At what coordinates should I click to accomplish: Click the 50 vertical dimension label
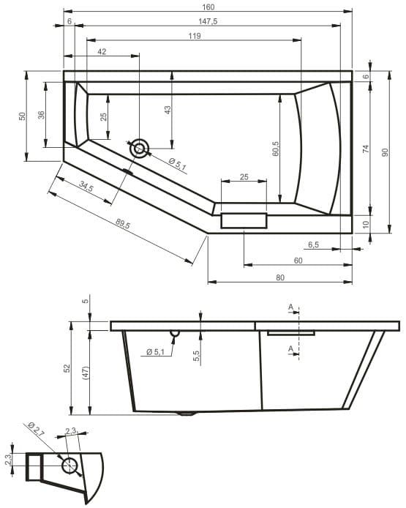(22, 116)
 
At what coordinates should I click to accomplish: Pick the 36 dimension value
(42, 114)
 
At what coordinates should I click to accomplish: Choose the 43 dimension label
(168, 109)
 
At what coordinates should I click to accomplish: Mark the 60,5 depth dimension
(276, 149)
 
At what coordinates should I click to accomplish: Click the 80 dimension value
(280, 277)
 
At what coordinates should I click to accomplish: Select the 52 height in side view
(66, 367)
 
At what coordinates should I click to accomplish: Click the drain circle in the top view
(139, 149)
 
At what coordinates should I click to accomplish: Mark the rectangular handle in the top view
(244, 220)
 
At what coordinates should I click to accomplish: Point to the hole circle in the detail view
(70, 465)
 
